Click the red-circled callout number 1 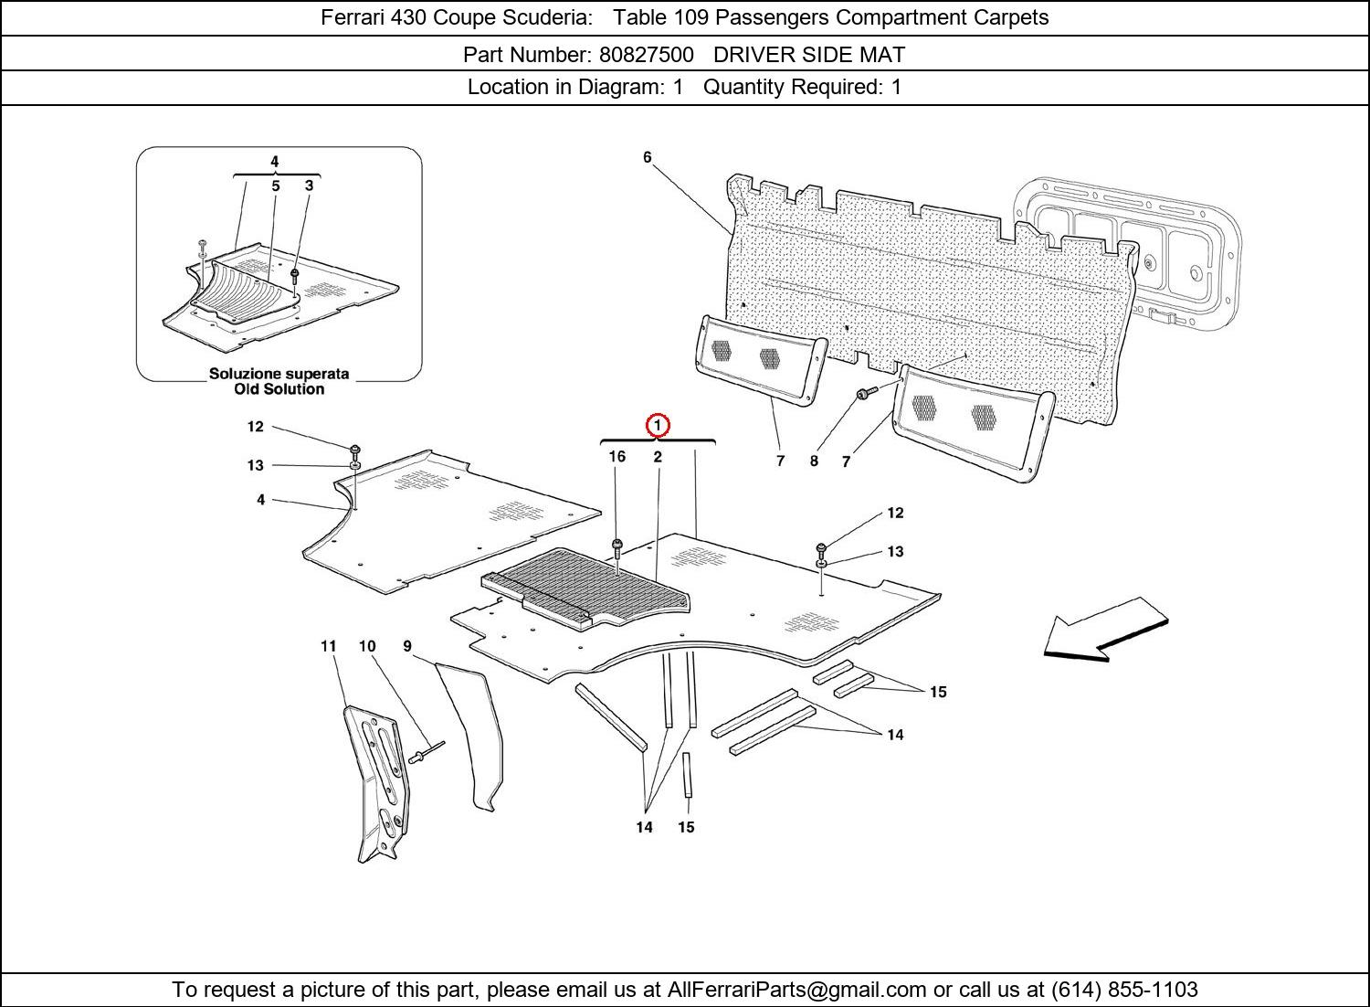pos(658,425)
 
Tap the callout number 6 pos(648,157)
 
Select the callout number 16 pos(617,456)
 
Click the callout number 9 pos(407,646)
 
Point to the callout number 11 pos(329,646)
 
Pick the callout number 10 pos(367,646)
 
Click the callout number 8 pos(814,461)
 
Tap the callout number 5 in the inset pos(275,185)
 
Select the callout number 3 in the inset pos(310,185)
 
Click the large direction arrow pos(1105,631)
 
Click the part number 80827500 pos(646,55)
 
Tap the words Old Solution pos(279,389)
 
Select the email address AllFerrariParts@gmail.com pos(797,990)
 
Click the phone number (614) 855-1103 pos(1124,990)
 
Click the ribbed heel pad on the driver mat pos(585,585)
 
